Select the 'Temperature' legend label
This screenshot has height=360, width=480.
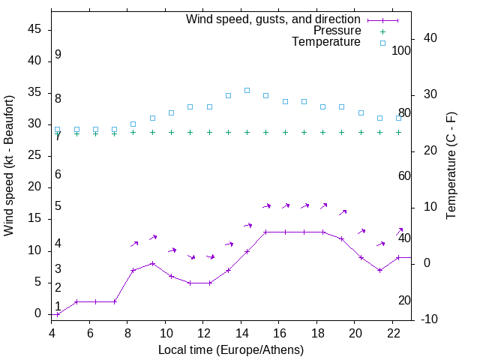[x=326, y=42]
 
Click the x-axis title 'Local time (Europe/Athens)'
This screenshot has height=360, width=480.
[x=231, y=349]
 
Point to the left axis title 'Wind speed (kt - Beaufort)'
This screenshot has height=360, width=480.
[x=9, y=165]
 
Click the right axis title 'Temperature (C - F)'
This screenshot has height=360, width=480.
[x=451, y=165]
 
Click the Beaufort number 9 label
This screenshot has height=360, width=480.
[x=58, y=55]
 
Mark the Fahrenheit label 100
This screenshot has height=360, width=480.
[x=402, y=50]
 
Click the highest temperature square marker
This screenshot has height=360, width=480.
[x=247, y=90]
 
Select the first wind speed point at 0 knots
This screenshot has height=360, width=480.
[x=58, y=314]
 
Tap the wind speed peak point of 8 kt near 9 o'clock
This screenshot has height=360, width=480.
[x=152, y=263]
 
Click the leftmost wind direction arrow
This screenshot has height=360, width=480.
[x=135, y=243]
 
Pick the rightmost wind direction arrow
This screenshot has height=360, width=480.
[x=400, y=231]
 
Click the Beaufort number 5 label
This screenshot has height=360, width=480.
[x=58, y=206]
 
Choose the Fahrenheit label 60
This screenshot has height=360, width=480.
[x=405, y=175]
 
